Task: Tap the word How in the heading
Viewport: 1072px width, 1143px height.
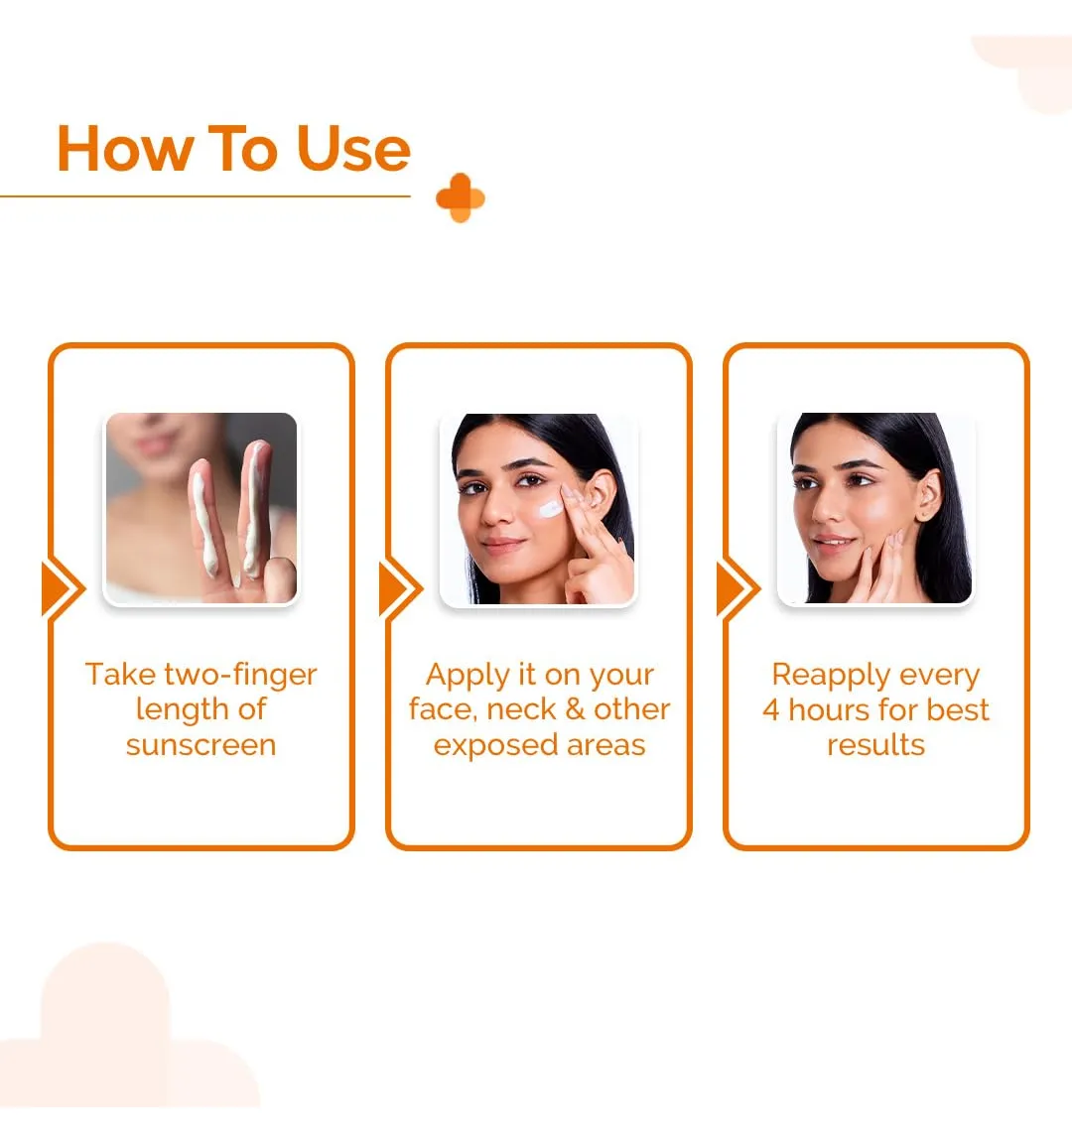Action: point(124,149)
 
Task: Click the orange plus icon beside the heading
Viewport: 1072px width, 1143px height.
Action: point(461,197)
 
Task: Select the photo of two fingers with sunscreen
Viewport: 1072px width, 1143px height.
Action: point(201,508)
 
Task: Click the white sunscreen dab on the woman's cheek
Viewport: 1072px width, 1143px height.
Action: point(551,508)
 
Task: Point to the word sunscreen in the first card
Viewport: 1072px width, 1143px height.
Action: point(201,745)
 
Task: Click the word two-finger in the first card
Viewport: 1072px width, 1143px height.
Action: point(240,675)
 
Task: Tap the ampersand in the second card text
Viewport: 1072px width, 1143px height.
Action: point(575,709)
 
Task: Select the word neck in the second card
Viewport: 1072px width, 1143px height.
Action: point(521,709)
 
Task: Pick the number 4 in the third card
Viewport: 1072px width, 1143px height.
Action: point(771,709)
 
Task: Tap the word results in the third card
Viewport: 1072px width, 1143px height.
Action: point(875,745)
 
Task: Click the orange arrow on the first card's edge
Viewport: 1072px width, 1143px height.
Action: point(64,588)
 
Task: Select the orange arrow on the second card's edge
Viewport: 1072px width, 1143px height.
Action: point(401,588)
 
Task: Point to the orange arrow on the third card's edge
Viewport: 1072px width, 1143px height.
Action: point(738,588)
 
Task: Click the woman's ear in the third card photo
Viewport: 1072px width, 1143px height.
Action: point(928,493)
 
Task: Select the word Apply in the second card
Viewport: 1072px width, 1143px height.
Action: point(468,676)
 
